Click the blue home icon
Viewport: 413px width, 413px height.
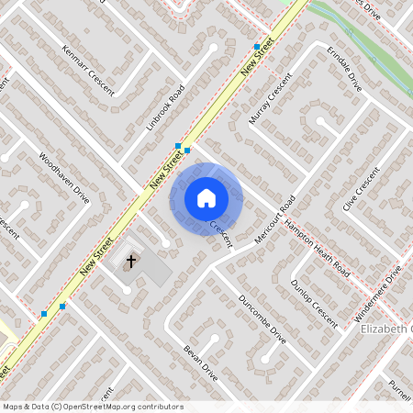[206, 197]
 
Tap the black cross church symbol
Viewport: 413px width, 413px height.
[131, 262]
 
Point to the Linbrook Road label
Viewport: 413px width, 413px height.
[165, 109]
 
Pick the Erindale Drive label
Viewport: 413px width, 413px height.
[342, 70]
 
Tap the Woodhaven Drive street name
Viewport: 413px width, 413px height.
[65, 177]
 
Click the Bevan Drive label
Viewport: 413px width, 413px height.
[199, 363]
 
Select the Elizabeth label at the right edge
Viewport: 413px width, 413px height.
[386, 329]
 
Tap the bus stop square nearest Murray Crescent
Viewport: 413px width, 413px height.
[256, 46]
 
